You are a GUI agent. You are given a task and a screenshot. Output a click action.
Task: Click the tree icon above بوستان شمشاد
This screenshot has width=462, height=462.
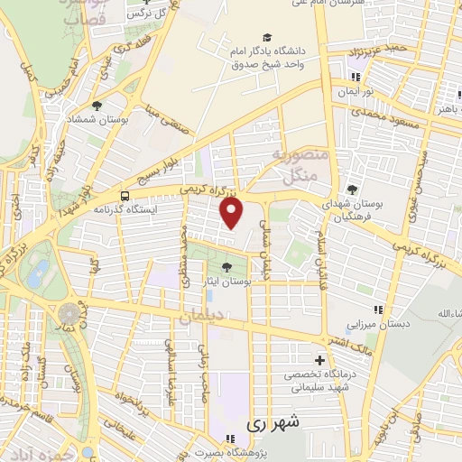[x=97, y=105]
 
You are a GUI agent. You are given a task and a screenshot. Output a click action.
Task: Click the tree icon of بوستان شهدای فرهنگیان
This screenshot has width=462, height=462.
[x=351, y=189]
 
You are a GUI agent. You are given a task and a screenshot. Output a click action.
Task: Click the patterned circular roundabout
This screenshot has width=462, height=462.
[x=69, y=313]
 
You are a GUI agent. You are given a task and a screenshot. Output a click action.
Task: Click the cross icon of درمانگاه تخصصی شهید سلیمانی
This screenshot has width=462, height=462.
[x=319, y=360]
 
